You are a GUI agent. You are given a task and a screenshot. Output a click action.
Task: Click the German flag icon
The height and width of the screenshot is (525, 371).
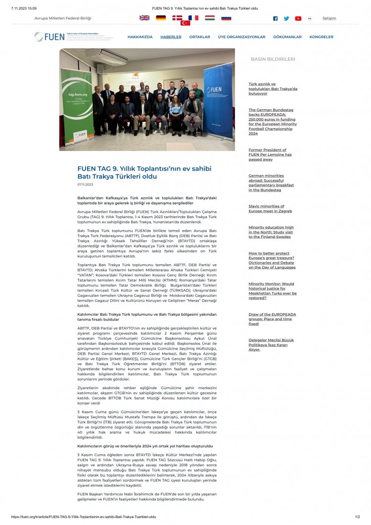[x=161, y=18]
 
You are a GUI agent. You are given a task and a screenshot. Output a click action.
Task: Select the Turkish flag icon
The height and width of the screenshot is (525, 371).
[x=185, y=23]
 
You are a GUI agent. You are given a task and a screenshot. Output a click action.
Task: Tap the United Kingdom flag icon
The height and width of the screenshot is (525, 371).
[x=144, y=18]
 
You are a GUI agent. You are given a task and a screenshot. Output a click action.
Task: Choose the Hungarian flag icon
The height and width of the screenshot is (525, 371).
[x=210, y=18]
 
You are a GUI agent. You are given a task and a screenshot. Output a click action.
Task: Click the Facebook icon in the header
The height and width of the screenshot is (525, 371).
[x=276, y=18]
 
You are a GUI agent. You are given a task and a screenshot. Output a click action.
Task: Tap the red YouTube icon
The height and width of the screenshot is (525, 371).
[x=298, y=18]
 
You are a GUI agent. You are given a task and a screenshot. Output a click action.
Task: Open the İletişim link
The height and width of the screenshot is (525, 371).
[x=329, y=18]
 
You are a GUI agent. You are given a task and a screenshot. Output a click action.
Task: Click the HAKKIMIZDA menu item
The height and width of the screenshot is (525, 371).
[x=140, y=37]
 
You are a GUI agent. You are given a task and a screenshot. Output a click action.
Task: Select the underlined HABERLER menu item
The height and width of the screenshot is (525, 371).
[x=171, y=37]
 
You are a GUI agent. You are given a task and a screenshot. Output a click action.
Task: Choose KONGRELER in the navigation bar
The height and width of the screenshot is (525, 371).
[x=322, y=37]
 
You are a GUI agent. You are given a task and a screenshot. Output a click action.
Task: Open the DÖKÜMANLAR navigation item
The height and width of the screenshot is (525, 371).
[x=287, y=37]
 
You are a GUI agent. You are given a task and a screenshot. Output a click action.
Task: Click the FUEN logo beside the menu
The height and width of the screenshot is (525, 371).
[x=49, y=37]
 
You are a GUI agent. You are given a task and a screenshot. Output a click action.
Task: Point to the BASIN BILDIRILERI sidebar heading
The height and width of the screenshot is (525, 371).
[x=273, y=59]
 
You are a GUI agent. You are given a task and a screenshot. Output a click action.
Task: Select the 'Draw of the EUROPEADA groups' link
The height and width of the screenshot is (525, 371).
[x=272, y=319]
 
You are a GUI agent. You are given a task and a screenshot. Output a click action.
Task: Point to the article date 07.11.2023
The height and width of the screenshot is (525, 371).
[x=85, y=184]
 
